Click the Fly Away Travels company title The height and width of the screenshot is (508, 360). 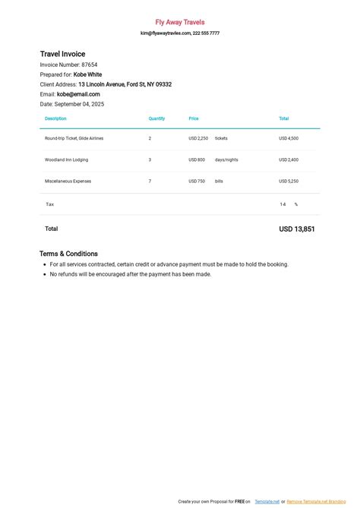coord(180,23)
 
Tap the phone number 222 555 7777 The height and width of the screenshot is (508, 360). coord(206,33)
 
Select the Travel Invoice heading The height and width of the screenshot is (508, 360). coord(68,54)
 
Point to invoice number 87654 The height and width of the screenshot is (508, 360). coord(90,65)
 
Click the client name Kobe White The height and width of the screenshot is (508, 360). coord(88,74)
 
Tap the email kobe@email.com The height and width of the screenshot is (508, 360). coord(78,94)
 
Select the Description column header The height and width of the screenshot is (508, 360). coord(55,118)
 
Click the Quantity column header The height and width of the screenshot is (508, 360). coord(156,118)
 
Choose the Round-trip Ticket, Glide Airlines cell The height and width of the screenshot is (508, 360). coord(74,138)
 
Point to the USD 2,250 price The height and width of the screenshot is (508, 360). coord(198,138)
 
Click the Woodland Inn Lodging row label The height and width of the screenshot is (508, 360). coord(67,159)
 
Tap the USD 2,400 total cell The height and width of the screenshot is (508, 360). coord(289,159)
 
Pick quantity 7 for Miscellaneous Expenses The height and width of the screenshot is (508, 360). coord(150,181)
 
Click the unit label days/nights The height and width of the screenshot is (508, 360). coord(226,159)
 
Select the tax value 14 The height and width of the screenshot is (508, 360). coord(283,204)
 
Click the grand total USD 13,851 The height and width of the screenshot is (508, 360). coord(296,229)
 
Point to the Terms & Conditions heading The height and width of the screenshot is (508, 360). coord(68,254)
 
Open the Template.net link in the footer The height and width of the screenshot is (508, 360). coord(267,502)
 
